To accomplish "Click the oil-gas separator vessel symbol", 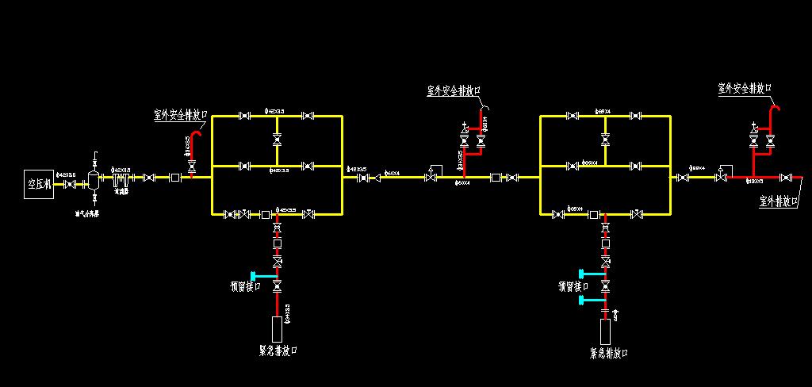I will click(x=94, y=178).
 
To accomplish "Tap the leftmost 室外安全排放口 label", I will click(x=180, y=115).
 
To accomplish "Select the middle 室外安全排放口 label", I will click(x=454, y=91).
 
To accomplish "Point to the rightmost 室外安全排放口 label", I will click(x=745, y=88).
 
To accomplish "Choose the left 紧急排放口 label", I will click(x=278, y=349).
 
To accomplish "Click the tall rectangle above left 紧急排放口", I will click(x=277, y=328).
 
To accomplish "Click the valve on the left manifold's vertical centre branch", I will click(x=277, y=140).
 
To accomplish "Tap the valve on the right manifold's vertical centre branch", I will click(x=606, y=140).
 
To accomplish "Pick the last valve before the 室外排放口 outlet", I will click(x=786, y=178).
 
